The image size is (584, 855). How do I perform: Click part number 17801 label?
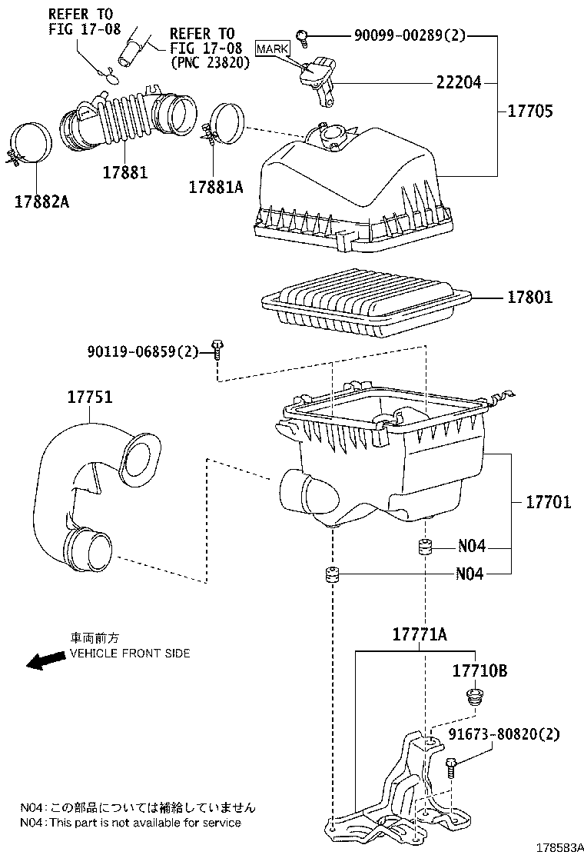[529, 297]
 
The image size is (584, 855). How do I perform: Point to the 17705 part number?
[530, 111]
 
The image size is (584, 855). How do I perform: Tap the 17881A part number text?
[216, 186]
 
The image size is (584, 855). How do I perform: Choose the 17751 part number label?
[89, 398]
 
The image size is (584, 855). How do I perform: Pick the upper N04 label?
[471, 547]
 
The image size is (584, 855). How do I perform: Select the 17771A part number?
[420, 635]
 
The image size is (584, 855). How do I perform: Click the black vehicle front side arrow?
[44, 660]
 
